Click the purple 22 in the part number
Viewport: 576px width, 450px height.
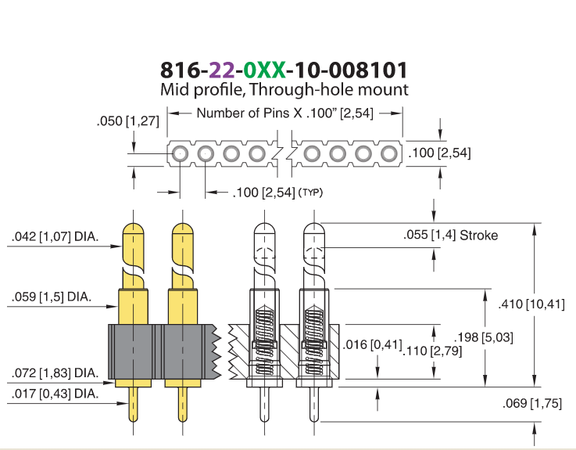[221, 70]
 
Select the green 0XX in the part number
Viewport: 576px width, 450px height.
[264, 70]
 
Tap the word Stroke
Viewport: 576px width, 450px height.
[478, 235]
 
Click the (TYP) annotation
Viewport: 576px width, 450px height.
[311, 192]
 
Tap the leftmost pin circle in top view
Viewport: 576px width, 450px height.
[180, 153]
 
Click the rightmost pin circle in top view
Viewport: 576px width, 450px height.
[388, 153]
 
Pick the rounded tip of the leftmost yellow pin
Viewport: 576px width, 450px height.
[133, 228]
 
